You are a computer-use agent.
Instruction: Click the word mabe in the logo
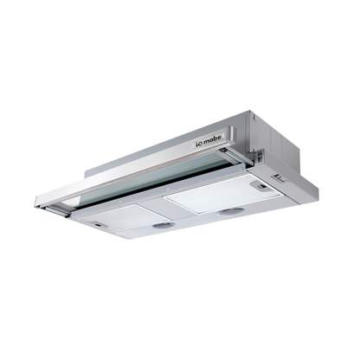click(212, 138)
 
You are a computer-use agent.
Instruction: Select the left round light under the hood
click(164, 225)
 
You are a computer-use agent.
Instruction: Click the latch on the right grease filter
click(261, 186)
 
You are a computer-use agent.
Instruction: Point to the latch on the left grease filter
click(98, 225)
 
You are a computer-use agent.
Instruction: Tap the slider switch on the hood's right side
click(280, 179)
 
